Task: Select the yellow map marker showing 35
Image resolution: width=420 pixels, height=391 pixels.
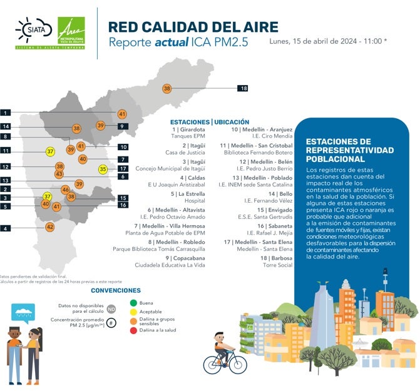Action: pos(103,169)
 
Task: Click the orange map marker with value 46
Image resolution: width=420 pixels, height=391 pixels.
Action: pos(65,190)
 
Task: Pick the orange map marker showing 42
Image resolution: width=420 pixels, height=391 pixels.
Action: pos(50,227)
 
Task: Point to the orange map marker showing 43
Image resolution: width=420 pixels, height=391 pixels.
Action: pos(59,175)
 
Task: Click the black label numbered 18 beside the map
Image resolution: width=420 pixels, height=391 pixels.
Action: pos(243,88)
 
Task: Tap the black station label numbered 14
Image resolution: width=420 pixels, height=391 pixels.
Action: pos(6,126)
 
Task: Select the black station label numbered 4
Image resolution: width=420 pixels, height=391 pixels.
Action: pos(6,229)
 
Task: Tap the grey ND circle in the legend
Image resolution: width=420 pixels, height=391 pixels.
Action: pos(111,308)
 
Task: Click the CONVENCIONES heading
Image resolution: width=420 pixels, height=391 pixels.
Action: pos(115,290)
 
